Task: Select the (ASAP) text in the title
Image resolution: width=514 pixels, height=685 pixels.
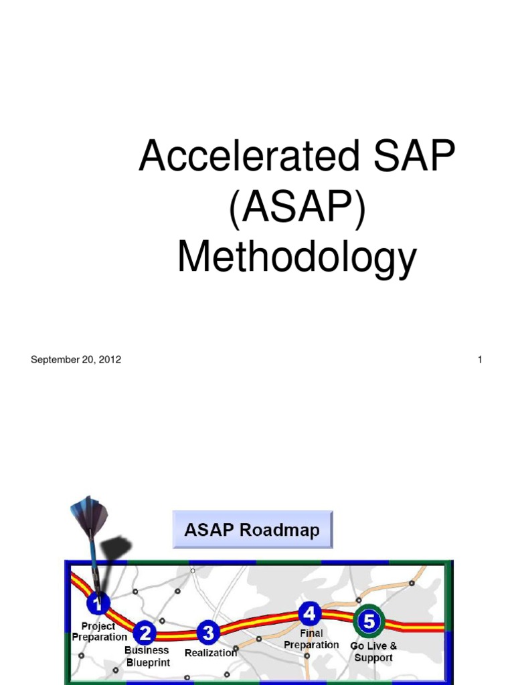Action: [x=296, y=209]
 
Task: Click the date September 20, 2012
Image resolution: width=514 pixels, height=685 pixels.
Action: [x=76, y=360]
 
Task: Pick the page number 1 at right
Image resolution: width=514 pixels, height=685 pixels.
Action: [x=480, y=360]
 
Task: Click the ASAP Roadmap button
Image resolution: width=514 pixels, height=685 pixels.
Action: [x=252, y=530]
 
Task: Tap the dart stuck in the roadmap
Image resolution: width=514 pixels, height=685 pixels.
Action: [x=94, y=549]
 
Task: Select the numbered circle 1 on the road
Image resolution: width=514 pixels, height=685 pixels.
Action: [x=99, y=605]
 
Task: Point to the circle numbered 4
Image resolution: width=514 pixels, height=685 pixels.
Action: [x=309, y=613]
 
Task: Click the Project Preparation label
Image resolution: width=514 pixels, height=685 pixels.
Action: [x=99, y=632]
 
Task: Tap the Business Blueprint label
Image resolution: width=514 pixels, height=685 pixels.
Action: [x=147, y=656]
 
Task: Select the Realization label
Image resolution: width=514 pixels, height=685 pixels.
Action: [x=210, y=652]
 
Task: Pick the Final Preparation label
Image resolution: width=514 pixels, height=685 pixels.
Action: [x=311, y=639]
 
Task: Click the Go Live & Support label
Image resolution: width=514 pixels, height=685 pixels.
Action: [x=373, y=652]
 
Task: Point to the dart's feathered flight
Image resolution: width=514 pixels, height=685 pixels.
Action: [x=89, y=514]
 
